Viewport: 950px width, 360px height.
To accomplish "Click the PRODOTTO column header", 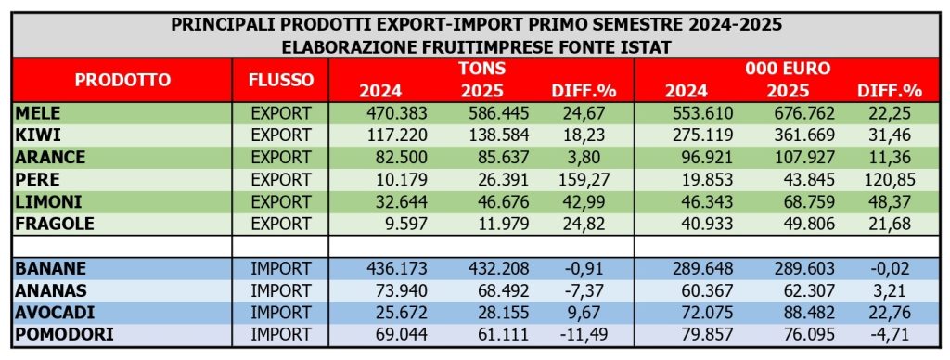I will click(123, 80).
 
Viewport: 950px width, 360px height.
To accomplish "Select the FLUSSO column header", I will click(281, 80).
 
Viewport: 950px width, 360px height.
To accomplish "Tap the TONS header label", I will click(481, 69).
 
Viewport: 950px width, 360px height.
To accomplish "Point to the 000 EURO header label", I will click(788, 69).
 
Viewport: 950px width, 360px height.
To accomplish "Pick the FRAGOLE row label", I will click(53, 224).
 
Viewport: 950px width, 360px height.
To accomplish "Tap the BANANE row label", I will click(51, 268).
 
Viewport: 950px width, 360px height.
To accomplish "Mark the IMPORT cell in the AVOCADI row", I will click(281, 312).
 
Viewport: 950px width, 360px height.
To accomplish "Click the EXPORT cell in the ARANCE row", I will click(281, 158).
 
